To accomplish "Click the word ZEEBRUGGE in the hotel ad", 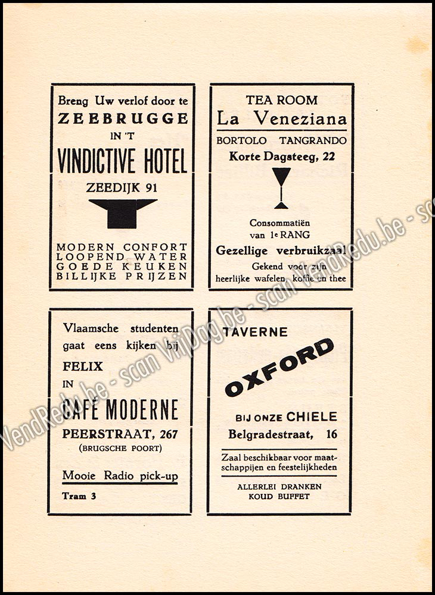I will tap(123, 118).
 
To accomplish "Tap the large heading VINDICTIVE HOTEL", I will tap(123, 161).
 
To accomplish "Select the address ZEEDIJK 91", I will tap(123, 187).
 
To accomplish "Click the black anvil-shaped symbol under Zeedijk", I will tap(123, 212).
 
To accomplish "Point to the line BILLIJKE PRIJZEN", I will tap(122, 276).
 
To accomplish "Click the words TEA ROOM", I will tap(282, 100).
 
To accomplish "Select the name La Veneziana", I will tap(281, 118).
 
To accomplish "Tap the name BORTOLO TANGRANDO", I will tap(281, 142).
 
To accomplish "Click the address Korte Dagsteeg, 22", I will tap(281, 156).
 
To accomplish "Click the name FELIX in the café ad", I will tap(83, 366).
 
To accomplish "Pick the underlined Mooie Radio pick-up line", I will tap(120, 476).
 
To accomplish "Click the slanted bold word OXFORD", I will tap(279, 367).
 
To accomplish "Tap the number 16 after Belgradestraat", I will tap(331, 435).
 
